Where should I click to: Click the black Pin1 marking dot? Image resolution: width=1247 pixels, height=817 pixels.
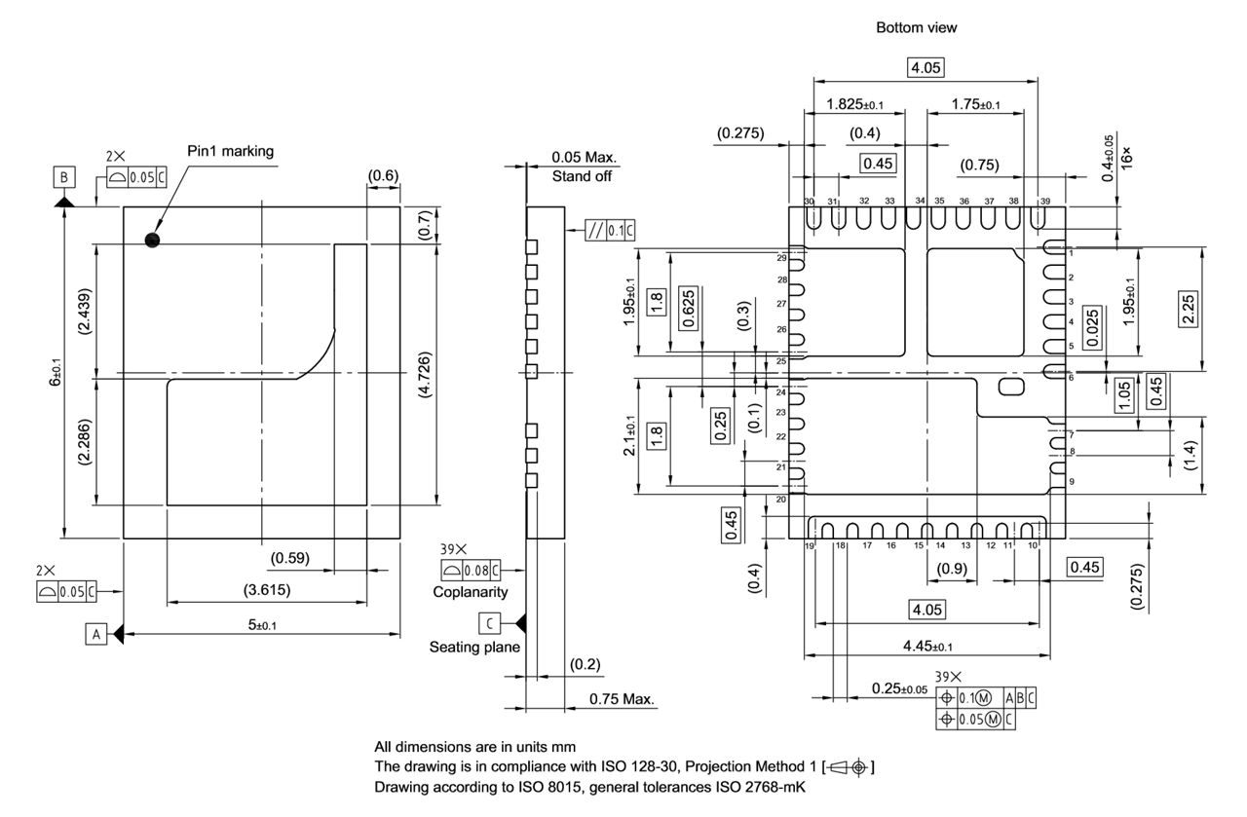[151, 240]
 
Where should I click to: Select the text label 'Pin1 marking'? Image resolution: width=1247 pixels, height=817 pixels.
[231, 151]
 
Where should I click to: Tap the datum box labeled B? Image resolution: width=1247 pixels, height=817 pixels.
[63, 177]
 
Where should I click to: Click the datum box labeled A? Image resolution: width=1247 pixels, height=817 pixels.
[94, 635]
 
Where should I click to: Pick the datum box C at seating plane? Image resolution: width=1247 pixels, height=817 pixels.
[490, 621]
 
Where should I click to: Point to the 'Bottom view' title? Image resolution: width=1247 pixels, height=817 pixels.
[916, 28]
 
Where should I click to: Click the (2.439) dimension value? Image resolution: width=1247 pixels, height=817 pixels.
[85, 313]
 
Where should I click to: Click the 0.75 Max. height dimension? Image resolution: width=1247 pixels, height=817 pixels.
[622, 699]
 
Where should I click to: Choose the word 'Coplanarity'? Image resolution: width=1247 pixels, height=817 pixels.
[471, 591]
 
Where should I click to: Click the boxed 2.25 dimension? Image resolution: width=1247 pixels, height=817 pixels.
[1190, 309]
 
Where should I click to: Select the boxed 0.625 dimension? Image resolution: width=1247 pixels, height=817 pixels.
[690, 309]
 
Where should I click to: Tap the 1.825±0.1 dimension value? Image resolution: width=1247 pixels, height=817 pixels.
[854, 104]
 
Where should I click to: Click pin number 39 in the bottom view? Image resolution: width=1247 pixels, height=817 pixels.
[1045, 201]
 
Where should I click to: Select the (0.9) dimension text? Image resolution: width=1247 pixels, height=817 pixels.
[951, 569]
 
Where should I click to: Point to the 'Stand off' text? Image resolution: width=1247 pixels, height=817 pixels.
[585, 176]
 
